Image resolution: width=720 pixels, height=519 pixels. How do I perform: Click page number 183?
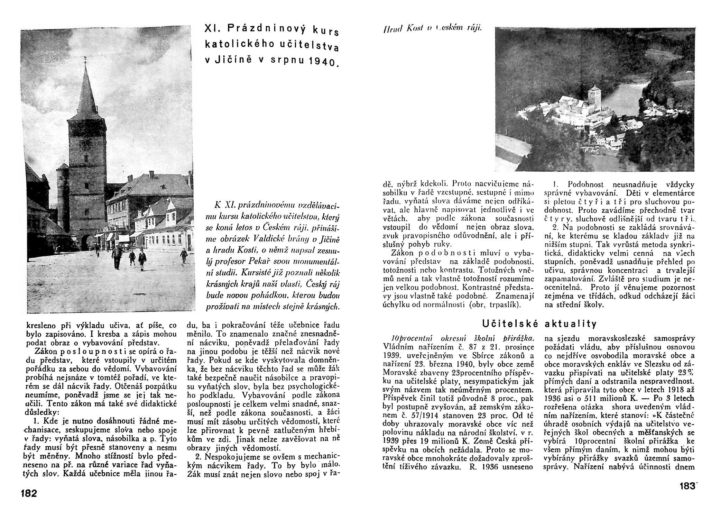[x=687, y=486]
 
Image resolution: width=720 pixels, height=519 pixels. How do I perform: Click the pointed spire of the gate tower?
[x=85, y=90]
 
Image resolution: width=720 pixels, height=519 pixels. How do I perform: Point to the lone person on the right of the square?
[x=184, y=255]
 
